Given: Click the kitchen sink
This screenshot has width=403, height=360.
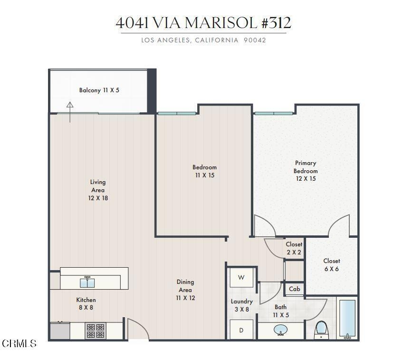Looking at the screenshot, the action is click(x=87, y=282).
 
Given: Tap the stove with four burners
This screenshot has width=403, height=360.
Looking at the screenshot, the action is click(x=96, y=331).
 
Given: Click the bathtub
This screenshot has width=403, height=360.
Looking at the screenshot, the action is click(x=347, y=318).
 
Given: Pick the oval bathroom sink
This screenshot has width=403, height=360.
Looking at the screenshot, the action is click(x=281, y=330).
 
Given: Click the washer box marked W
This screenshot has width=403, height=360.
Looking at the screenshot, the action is click(x=241, y=278).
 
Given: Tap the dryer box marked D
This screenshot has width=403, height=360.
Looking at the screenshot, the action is click(x=241, y=330).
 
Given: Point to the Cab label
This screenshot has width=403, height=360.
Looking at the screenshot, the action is click(x=294, y=289).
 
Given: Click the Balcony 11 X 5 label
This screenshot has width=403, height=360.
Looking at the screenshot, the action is click(x=99, y=90).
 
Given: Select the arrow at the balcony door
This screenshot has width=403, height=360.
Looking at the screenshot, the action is click(x=70, y=112).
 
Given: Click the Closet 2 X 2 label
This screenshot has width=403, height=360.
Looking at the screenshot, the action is click(x=294, y=248).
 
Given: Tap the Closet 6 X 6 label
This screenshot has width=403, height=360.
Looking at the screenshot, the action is click(x=332, y=265).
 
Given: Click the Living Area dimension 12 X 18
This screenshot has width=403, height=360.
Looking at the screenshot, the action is click(x=98, y=198).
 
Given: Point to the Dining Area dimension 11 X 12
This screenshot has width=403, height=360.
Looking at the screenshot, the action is click(x=185, y=298).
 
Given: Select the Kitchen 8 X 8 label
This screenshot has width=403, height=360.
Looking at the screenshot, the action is click(x=86, y=304).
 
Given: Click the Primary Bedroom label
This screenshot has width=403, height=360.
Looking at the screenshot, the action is click(x=306, y=167).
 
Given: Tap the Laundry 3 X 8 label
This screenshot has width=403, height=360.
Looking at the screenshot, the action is click(x=241, y=305).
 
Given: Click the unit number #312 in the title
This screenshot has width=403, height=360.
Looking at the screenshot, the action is click(x=277, y=23).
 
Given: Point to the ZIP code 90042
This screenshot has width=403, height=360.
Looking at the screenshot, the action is click(x=255, y=40).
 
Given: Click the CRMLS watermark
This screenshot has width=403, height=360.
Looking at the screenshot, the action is click(x=19, y=343).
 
